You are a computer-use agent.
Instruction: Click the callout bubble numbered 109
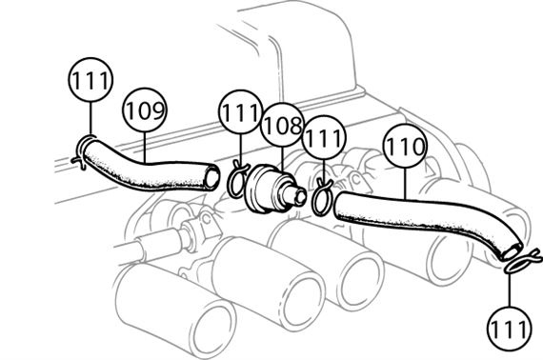[x=145, y=110]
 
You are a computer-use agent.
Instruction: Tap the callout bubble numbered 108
[x=282, y=125]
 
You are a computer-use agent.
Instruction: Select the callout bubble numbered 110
[x=405, y=146]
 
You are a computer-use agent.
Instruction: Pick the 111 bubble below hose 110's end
[x=509, y=329]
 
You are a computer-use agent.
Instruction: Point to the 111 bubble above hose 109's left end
[x=90, y=80]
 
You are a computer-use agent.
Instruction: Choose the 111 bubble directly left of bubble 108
[x=240, y=111]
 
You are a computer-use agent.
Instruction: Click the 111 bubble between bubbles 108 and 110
[x=324, y=137]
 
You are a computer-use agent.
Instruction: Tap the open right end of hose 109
[x=211, y=177]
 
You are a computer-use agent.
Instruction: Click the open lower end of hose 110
[x=513, y=250]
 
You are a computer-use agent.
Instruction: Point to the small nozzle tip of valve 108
[x=299, y=196]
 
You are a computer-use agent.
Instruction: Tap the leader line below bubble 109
[x=145, y=148]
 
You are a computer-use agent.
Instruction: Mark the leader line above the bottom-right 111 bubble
[x=510, y=290]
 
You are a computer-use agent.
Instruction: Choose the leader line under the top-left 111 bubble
[x=90, y=118]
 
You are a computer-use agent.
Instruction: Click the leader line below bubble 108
[x=282, y=158]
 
